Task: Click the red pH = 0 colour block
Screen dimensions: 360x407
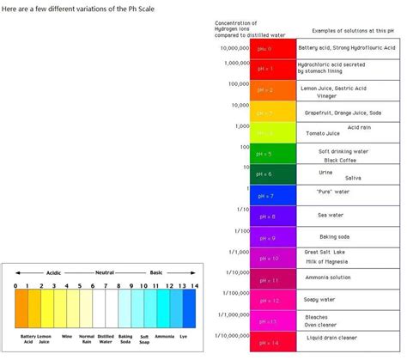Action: coord(272,49)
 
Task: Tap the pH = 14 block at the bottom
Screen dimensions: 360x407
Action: coord(272,341)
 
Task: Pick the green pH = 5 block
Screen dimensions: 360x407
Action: coord(272,154)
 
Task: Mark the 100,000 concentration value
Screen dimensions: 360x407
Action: coord(235,84)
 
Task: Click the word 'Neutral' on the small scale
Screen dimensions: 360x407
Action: coord(105,272)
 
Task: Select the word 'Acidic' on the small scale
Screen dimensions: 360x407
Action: coord(54,272)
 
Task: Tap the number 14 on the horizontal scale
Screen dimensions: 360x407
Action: coord(194,286)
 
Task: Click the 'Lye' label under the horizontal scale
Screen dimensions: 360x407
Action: coord(189,337)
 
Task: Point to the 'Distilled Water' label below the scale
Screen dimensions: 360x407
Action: coord(105,340)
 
